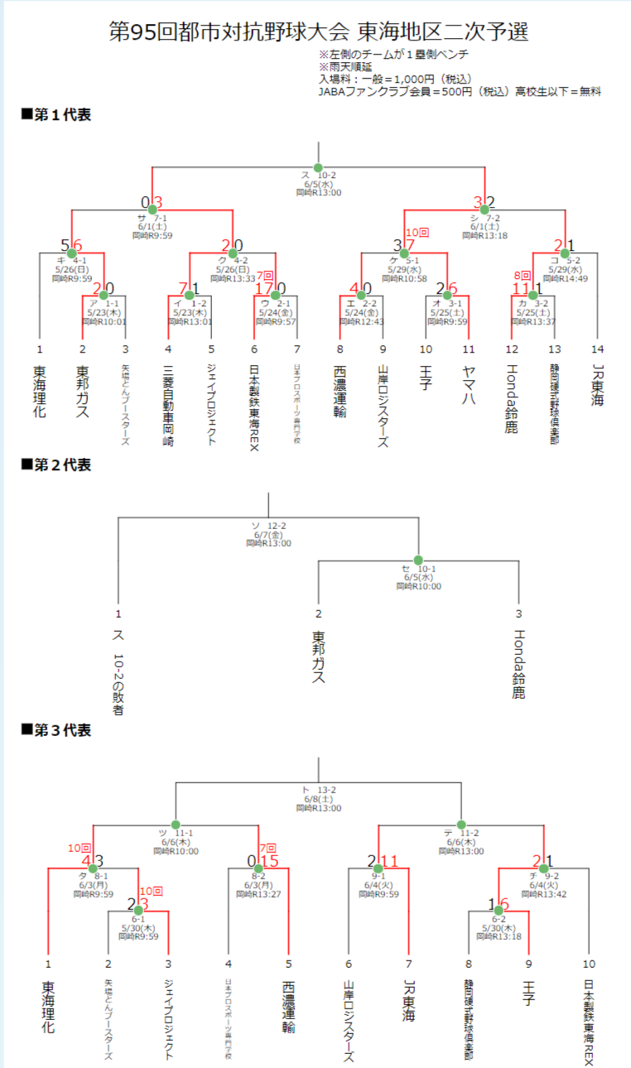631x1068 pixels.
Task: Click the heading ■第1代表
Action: (55, 114)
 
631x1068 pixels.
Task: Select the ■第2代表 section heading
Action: (55, 466)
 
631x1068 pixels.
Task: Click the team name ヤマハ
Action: (470, 386)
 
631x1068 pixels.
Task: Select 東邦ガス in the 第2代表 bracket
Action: (318, 657)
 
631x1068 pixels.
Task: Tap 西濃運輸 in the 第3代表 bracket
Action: (288, 1007)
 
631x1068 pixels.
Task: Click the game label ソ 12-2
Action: (268, 526)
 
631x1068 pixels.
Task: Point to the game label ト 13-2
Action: (318, 790)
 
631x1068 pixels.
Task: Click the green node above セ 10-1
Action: (418, 560)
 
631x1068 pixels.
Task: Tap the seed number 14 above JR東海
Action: (598, 349)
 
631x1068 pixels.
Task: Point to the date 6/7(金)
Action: (268, 535)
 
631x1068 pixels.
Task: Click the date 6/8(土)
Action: (318, 799)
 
